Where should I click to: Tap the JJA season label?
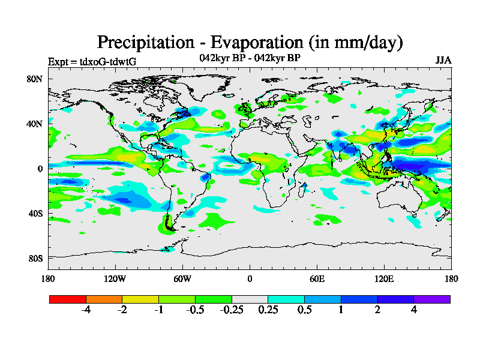(x=443, y=61)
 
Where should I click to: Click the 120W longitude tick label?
(x=115, y=278)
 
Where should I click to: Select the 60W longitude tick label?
(x=182, y=278)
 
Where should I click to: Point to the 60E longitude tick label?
(x=317, y=278)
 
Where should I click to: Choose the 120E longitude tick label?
(x=384, y=278)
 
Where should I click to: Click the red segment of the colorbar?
(x=68, y=299)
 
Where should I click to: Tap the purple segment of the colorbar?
(x=432, y=299)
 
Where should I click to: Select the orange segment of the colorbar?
(x=104, y=299)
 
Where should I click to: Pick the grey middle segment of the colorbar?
(x=250, y=299)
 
